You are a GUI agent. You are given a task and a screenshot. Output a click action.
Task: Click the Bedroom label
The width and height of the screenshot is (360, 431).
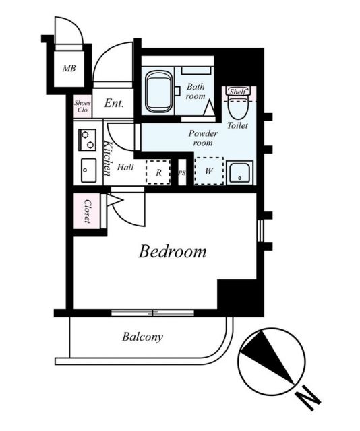click(x=173, y=251)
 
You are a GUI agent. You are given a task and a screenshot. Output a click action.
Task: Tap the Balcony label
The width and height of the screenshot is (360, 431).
click(x=142, y=337)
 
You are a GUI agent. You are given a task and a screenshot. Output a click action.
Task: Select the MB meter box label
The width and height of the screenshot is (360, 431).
click(x=69, y=68)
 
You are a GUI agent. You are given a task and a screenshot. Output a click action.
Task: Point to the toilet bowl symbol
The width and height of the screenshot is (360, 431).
click(x=239, y=107)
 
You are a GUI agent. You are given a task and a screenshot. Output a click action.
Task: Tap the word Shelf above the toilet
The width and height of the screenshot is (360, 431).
click(x=238, y=92)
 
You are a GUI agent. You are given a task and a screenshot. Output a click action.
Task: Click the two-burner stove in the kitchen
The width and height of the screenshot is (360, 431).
click(x=87, y=139)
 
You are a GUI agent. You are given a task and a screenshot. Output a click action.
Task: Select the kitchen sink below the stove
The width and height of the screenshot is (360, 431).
click(x=88, y=170)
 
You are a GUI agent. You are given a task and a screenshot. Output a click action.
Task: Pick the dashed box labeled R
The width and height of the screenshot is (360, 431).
click(x=158, y=172)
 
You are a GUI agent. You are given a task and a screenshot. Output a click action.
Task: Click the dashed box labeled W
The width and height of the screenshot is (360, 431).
click(x=209, y=171)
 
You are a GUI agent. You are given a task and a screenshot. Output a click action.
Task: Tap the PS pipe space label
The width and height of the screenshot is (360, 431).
click(x=181, y=173)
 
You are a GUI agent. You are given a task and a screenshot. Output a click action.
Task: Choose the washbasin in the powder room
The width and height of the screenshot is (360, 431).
click(x=239, y=172)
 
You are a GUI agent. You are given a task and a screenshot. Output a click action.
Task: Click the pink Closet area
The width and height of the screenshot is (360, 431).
click(x=87, y=211)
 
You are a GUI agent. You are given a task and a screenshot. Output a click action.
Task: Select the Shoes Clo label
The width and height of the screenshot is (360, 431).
click(x=82, y=106)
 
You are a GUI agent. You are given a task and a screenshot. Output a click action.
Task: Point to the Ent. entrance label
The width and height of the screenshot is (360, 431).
click(x=114, y=103)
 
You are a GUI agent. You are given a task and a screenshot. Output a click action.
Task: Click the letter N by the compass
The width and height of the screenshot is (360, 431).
click(x=308, y=397)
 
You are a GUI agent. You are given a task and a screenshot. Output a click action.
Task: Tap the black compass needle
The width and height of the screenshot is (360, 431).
click(x=266, y=357)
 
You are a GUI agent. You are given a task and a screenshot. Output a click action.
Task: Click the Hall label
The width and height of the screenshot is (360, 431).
click(x=125, y=167)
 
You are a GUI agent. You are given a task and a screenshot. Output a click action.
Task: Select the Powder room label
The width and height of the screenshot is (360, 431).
click(x=203, y=138)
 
